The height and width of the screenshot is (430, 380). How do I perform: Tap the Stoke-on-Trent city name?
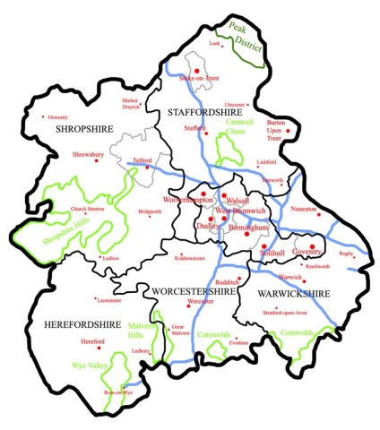(x=199, y=79)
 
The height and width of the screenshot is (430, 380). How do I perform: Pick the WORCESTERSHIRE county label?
(x=194, y=291)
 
